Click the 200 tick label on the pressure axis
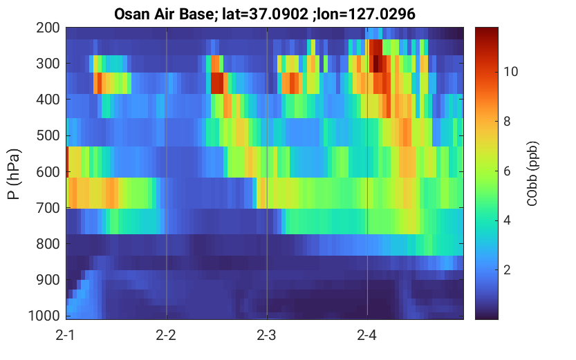[x=48, y=28]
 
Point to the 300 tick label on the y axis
[x=48, y=64]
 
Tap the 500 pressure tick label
[x=48, y=135]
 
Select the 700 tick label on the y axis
[x=48, y=208]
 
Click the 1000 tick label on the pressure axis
[x=44, y=316]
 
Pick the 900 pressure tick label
[x=48, y=280]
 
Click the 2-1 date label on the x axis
[x=66, y=335]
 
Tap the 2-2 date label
[x=166, y=335]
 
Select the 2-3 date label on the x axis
[x=266, y=335]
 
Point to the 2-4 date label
[x=366, y=335]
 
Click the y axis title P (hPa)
[x=14, y=174]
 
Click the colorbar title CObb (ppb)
[x=532, y=173]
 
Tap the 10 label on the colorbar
[x=510, y=72]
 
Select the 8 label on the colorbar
[x=507, y=122]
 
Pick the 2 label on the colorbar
[x=507, y=270]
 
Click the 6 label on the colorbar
[x=507, y=171]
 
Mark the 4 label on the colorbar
[x=507, y=220]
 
